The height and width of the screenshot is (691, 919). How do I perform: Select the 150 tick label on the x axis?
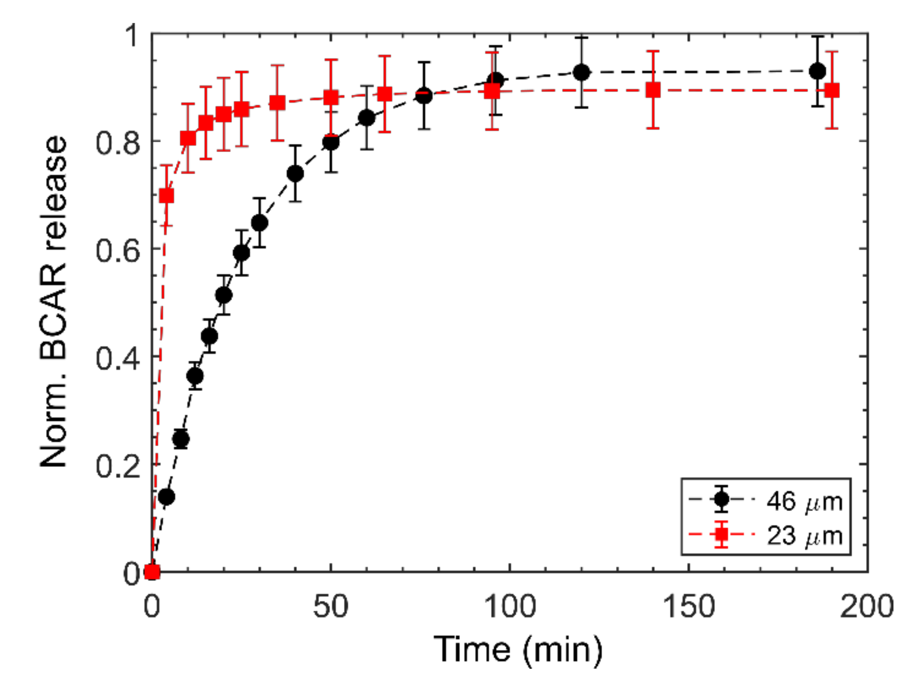pyautogui.click(x=688, y=606)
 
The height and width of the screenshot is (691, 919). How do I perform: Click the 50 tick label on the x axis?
pyautogui.click(x=330, y=606)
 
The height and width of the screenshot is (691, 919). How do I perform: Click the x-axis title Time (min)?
pyautogui.click(x=518, y=650)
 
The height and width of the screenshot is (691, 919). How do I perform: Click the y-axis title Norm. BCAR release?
pyautogui.click(x=53, y=301)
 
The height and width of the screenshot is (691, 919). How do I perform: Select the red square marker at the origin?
pyautogui.click(x=152, y=571)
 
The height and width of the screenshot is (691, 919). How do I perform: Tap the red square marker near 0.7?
pyautogui.click(x=167, y=196)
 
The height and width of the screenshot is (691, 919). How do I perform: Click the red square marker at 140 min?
pyautogui.click(x=653, y=90)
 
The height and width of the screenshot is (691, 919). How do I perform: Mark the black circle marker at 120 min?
pyautogui.click(x=581, y=72)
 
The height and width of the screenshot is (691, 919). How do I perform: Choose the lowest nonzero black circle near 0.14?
pyautogui.click(x=167, y=497)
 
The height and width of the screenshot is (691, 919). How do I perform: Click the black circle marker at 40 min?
pyautogui.click(x=295, y=174)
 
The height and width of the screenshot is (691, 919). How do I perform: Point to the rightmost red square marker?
pyautogui.click(x=831, y=90)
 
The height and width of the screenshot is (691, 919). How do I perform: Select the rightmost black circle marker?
pyautogui.click(x=817, y=71)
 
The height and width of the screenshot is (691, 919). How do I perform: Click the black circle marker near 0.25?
pyautogui.click(x=181, y=439)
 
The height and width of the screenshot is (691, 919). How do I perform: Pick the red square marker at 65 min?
pyautogui.click(x=384, y=94)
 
